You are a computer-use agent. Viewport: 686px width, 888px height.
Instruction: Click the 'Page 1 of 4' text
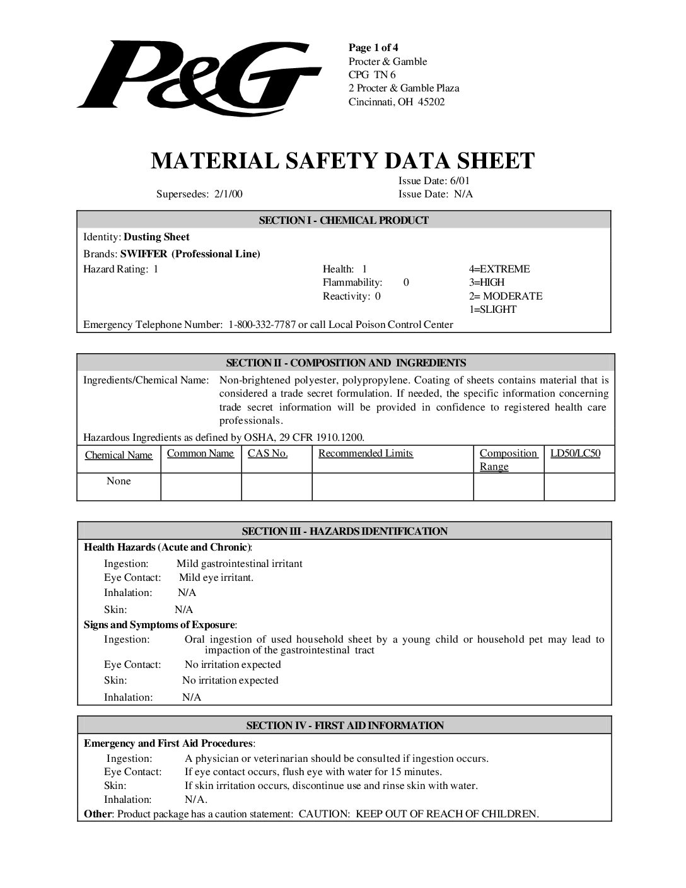tap(373, 48)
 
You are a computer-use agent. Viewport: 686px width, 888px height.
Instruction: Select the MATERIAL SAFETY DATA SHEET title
tap(342, 161)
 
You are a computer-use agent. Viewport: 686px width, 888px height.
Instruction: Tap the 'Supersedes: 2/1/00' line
tap(199, 194)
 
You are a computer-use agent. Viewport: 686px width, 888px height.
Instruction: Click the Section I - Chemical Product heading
tap(344, 220)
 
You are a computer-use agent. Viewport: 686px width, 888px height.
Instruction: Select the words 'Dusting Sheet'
tap(156, 237)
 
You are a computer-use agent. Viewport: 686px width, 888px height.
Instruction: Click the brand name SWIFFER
tap(145, 254)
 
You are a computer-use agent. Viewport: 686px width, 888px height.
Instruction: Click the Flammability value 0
tap(406, 283)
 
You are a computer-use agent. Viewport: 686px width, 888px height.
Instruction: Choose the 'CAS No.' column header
tap(267, 453)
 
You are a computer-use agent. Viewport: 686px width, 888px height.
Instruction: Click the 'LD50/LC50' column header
tap(575, 453)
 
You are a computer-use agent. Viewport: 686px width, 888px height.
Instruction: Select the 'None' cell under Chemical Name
tap(119, 481)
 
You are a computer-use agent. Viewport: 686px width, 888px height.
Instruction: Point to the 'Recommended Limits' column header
tap(366, 453)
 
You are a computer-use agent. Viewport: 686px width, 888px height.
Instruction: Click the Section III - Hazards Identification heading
tap(345, 531)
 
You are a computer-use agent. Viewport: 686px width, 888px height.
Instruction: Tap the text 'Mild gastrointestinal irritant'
tap(240, 564)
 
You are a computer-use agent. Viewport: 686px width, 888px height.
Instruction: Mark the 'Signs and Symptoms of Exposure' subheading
tap(160, 625)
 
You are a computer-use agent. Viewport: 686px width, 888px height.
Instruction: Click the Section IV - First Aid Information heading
tap(345, 725)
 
